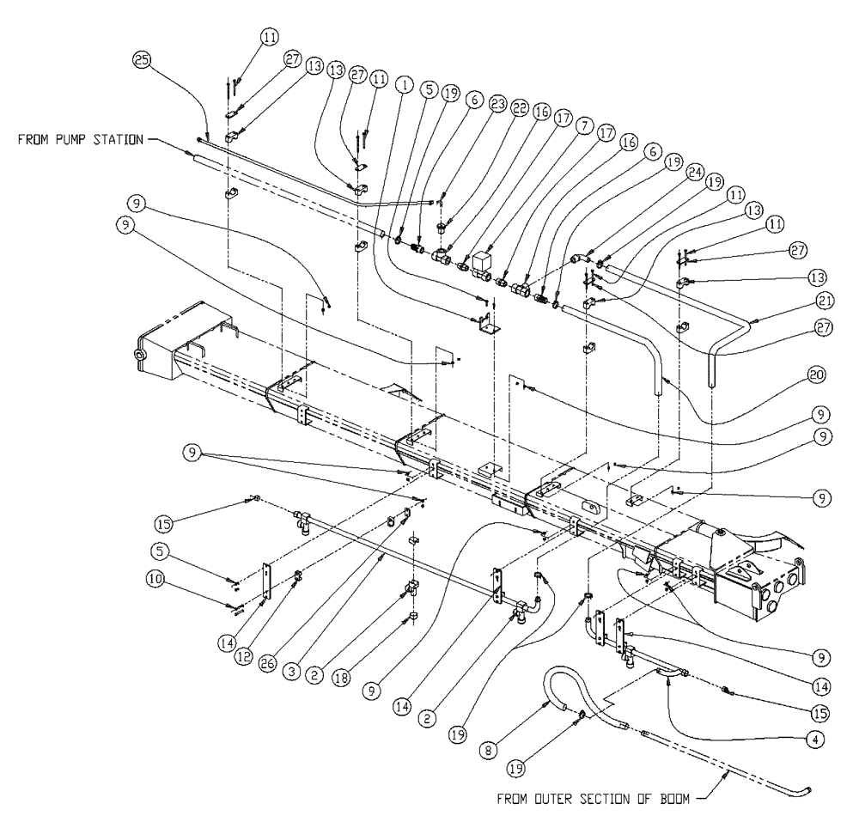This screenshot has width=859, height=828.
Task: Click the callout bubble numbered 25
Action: pos(141,61)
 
